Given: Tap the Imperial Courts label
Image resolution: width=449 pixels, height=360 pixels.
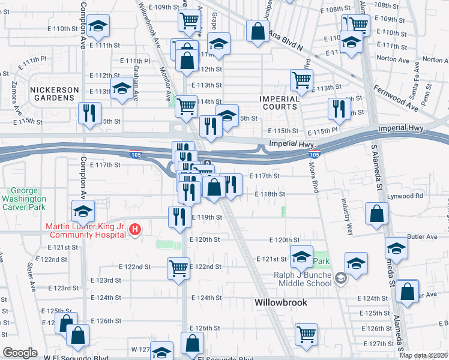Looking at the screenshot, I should (279, 103).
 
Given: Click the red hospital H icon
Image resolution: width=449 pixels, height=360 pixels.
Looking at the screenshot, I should (136, 229).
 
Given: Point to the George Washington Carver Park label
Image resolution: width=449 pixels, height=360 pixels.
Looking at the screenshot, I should (24, 199).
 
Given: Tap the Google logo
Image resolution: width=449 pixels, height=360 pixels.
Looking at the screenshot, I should (20, 353).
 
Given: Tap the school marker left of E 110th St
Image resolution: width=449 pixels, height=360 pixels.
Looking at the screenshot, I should (97, 26).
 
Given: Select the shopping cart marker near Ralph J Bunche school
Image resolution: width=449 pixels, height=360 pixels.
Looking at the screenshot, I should (306, 334).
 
